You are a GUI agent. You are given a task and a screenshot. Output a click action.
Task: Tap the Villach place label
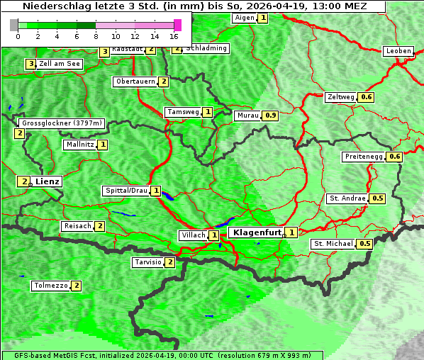coord(193,235)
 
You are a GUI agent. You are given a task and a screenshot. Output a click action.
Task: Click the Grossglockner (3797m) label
coord(62,123)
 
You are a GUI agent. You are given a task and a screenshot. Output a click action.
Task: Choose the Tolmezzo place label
coord(51,286)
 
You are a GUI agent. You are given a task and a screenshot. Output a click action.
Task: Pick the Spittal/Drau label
coord(126,191)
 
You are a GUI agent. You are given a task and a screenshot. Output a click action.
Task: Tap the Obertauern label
coord(135,81)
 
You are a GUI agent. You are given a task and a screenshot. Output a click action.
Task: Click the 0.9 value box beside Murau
coord(270,115)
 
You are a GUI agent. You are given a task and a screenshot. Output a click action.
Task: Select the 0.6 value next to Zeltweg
coord(367,97)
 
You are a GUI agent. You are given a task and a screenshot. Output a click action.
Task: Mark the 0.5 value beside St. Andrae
coord(378,198)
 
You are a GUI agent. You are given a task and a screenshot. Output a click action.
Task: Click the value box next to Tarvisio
coord(169,262)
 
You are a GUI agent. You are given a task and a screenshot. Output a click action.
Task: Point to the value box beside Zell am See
coord(30,64)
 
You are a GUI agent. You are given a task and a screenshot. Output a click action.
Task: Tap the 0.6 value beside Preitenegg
coord(395,157)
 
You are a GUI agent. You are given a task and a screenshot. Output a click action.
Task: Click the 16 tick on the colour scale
coord(174,35)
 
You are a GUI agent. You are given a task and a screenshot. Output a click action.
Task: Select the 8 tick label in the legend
coord(95,35)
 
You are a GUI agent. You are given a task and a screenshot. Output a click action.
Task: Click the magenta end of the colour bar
coord(177,25)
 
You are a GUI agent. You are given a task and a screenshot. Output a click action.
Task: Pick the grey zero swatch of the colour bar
coord(13,25)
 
